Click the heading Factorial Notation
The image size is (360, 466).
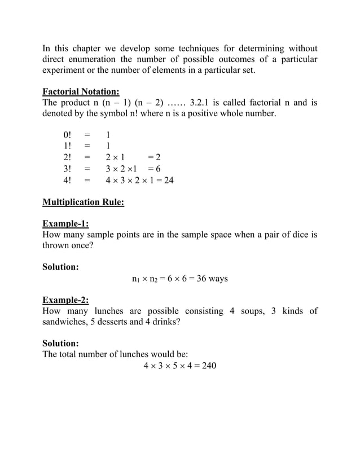click(81, 91)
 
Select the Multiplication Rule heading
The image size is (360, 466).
click(84, 202)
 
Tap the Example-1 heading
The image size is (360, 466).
click(66, 223)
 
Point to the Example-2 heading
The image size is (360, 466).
click(66, 300)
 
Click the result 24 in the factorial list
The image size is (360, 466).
click(168, 180)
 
